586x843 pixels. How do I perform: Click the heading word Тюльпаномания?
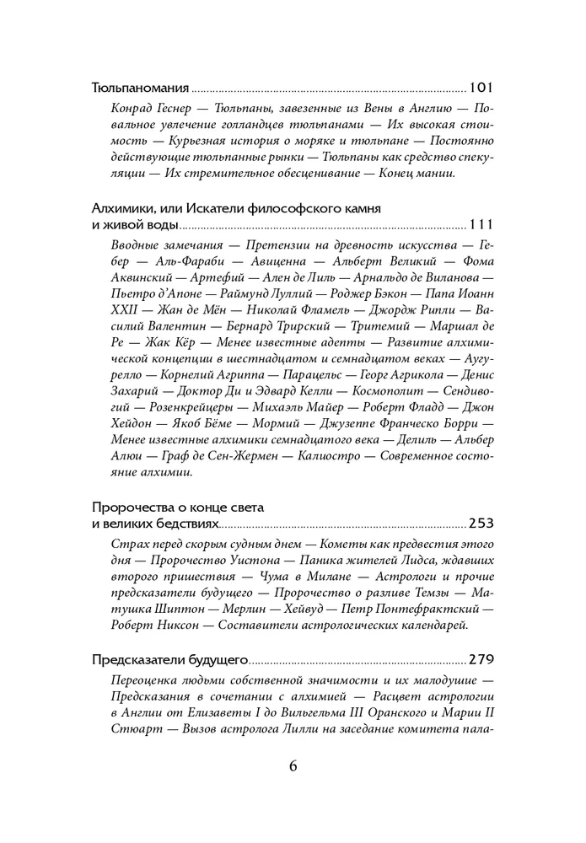(x=140, y=87)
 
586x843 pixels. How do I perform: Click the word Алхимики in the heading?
(x=124, y=207)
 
